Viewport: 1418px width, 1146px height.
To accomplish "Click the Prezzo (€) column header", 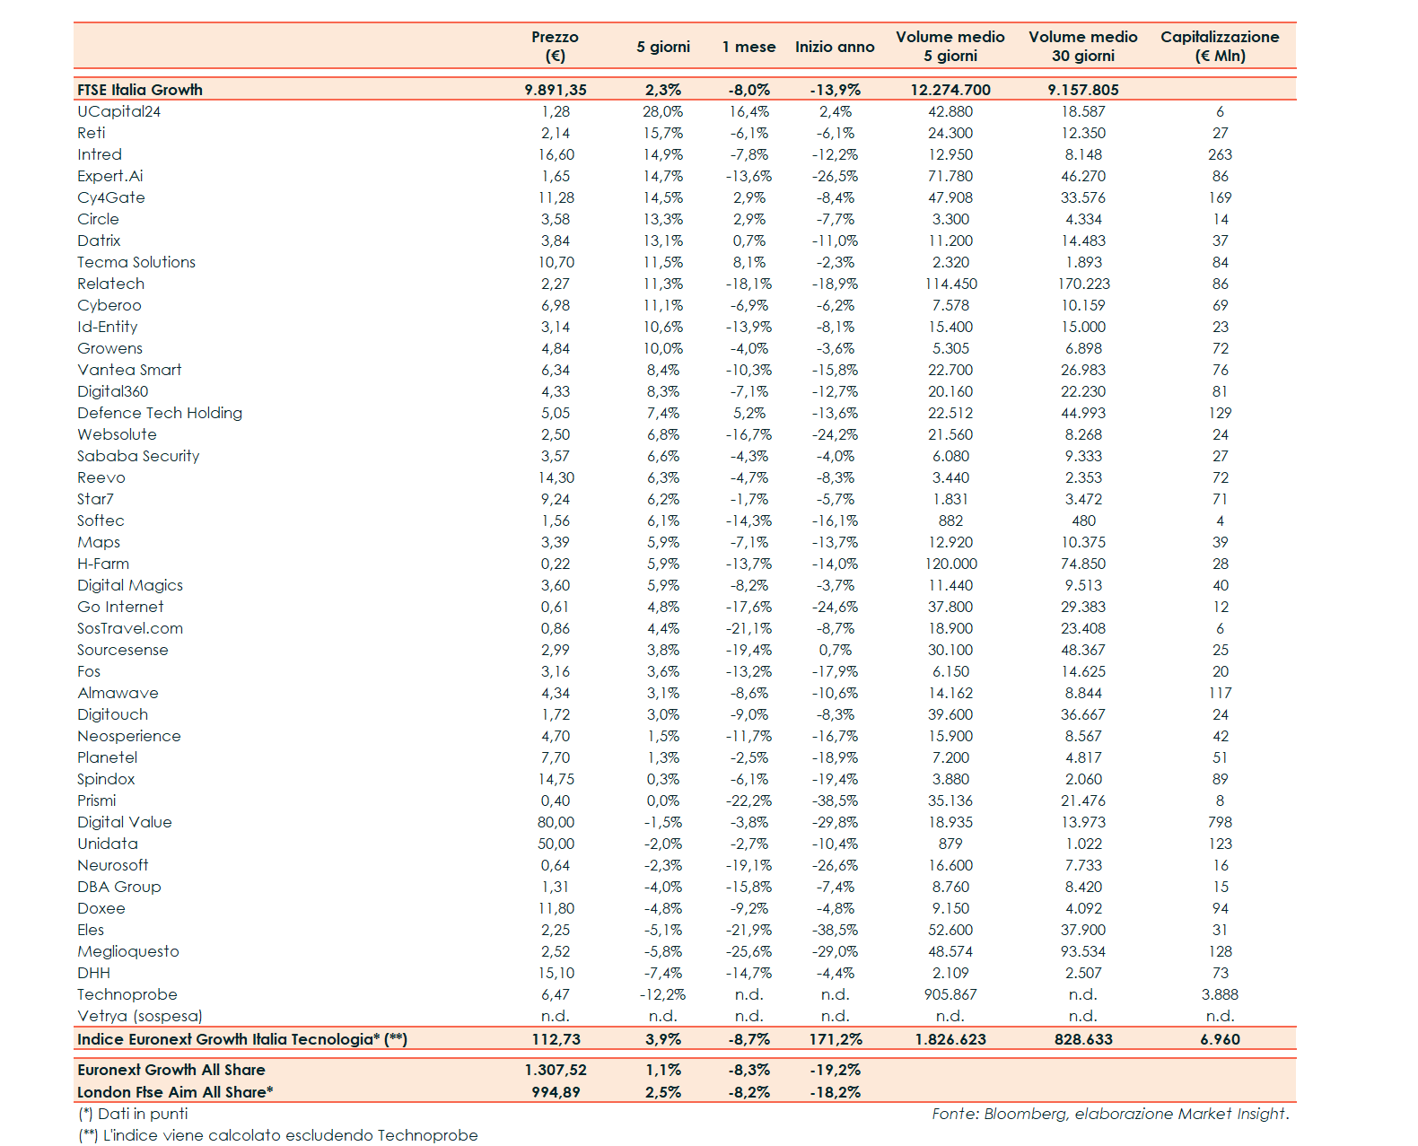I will [555, 46].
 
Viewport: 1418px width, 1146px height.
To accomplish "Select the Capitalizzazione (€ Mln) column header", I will [1219, 46].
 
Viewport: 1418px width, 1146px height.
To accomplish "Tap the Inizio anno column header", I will [834, 47].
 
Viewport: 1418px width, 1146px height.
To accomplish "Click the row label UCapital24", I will [118, 111].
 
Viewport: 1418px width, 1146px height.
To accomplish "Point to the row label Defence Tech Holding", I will [160, 413].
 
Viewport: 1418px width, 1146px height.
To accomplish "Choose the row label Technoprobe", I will [127, 994].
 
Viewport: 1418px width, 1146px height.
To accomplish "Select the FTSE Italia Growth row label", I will [140, 90].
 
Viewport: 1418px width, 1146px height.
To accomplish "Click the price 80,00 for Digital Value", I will [556, 822].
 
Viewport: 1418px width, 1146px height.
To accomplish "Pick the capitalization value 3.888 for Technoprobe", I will [1220, 994].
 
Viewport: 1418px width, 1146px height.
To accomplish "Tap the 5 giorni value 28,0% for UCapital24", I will [662, 111].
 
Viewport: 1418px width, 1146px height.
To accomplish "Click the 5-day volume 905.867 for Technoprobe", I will [950, 994].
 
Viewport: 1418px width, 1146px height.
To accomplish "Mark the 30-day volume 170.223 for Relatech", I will [1083, 284].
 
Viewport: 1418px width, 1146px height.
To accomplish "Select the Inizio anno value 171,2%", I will [835, 1039].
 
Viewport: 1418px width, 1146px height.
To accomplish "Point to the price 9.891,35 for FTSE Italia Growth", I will [556, 90].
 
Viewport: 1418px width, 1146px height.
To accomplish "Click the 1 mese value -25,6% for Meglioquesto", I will [748, 951].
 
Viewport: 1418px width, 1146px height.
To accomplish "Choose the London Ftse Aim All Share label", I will [175, 1092].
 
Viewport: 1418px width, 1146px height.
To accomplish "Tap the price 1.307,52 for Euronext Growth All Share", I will [556, 1070].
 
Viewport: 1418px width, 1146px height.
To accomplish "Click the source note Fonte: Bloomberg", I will [1109, 1114].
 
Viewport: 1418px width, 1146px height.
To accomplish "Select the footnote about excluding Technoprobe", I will [278, 1135].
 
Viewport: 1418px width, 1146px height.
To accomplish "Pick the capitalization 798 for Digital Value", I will [1220, 822].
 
